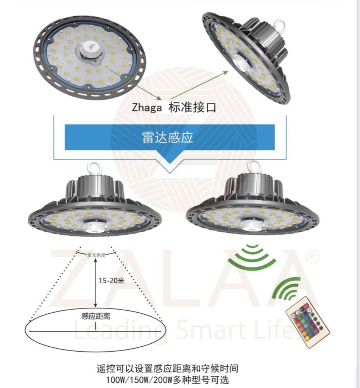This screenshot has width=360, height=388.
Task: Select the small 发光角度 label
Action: [x=96, y=255]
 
